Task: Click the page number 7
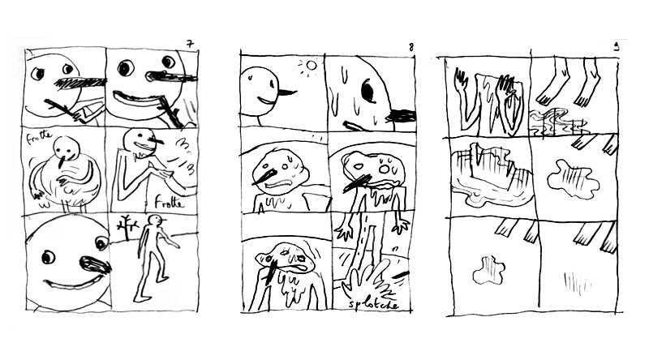(189, 42)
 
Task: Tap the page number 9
(616, 47)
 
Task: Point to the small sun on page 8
(307, 64)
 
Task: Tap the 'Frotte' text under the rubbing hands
(165, 204)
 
